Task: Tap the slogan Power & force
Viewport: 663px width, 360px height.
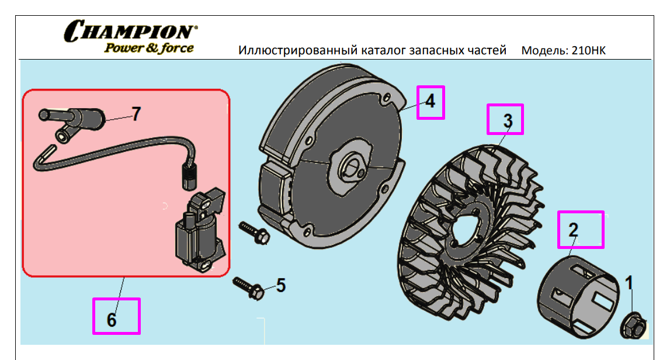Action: pyautogui.click(x=149, y=49)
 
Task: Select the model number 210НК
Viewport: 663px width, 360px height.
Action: pyautogui.click(x=588, y=50)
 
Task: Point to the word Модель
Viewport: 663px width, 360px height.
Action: pyautogui.click(x=544, y=51)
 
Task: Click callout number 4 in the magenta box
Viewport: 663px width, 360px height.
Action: pyautogui.click(x=430, y=101)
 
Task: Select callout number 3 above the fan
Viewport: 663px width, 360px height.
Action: pyautogui.click(x=508, y=120)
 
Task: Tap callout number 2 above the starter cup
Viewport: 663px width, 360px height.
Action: pyautogui.click(x=574, y=230)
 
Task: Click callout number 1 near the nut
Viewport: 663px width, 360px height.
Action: pyautogui.click(x=629, y=283)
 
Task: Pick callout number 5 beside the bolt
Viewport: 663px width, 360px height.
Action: pyautogui.click(x=281, y=286)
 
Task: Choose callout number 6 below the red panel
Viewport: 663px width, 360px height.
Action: pyautogui.click(x=112, y=320)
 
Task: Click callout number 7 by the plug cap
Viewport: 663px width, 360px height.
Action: pyautogui.click(x=136, y=114)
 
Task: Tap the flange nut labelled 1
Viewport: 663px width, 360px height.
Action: pyautogui.click(x=633, y=327)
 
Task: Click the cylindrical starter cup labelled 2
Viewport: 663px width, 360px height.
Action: pyautogui.click(x=577, y=296)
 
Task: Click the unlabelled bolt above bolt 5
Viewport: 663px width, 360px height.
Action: pyautogui.click(x=255, y=232)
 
